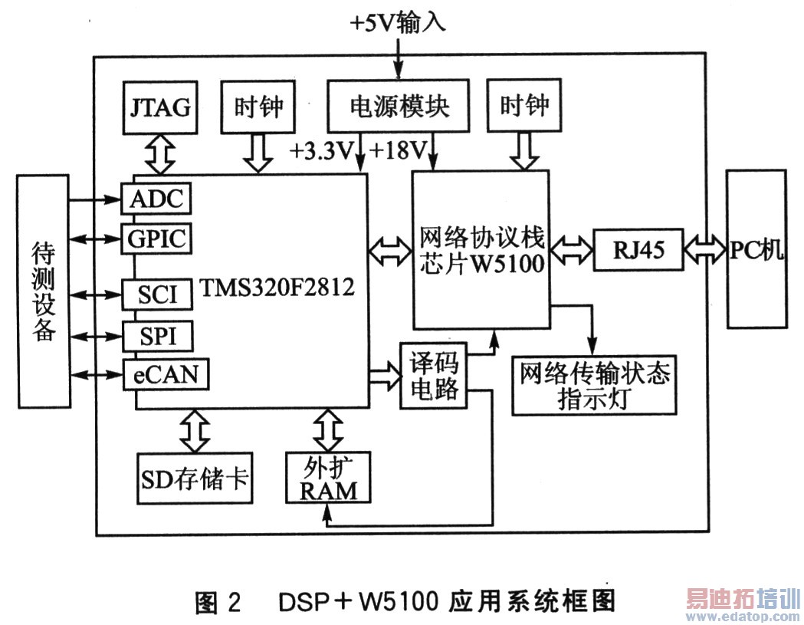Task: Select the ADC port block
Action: tap(156, 199)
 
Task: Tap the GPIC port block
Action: tap(156, 238)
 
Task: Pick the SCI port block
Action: tap(156, 294)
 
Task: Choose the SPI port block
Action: tap(156, 336)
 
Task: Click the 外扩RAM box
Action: tap(328, 478)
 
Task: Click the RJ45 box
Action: tap(638, 250)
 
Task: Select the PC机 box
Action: tap(757, 250)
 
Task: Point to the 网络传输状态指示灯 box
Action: tap(595, 386)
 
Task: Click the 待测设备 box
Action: tap(41, 291)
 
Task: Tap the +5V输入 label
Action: tap(398, 21)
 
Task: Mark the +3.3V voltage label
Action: tap(320, 150)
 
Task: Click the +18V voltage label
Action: tap(398, 150)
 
